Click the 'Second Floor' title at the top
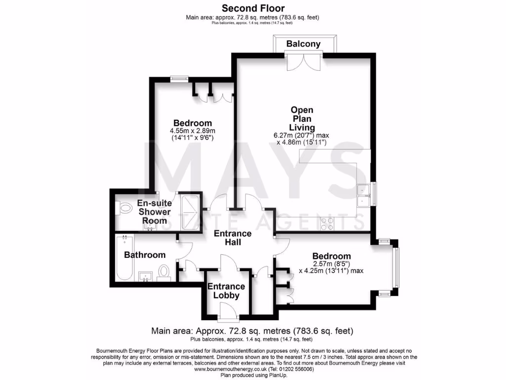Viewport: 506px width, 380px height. (x=253, y=8)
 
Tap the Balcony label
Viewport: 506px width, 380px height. (x=303, y=44)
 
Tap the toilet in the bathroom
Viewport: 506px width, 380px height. (x=164, y=271)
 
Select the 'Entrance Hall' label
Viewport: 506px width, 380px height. (x=232, y=238)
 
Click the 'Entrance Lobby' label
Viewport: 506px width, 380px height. (x=226, y=291)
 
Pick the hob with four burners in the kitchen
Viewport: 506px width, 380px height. (x=327, y=224)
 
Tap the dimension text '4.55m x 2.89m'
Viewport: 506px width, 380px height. (x=192, y=131)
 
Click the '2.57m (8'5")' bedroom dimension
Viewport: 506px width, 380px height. (x=331, y=264)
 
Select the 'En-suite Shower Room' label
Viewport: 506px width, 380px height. (x=154, y=212)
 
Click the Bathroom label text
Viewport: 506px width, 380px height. (x=145, y=255)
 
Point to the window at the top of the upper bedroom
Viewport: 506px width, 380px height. (x=179, y=78)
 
